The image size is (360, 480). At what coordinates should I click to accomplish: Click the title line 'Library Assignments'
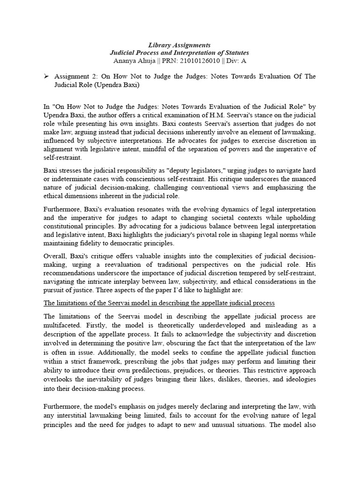pos(180,45)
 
